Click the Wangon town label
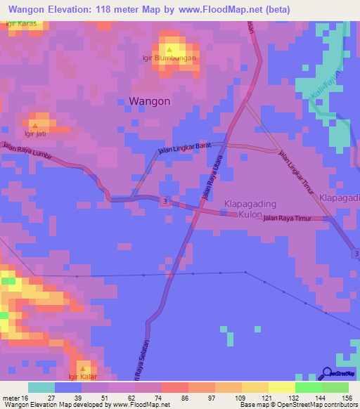click(149, 101)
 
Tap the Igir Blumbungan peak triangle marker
click(169, 50)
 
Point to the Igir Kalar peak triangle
click(84, 368)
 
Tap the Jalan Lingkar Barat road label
click(184, 148)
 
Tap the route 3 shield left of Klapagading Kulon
click(163, 202)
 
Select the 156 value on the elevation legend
click(347, 398)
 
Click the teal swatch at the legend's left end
click(41, 387)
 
